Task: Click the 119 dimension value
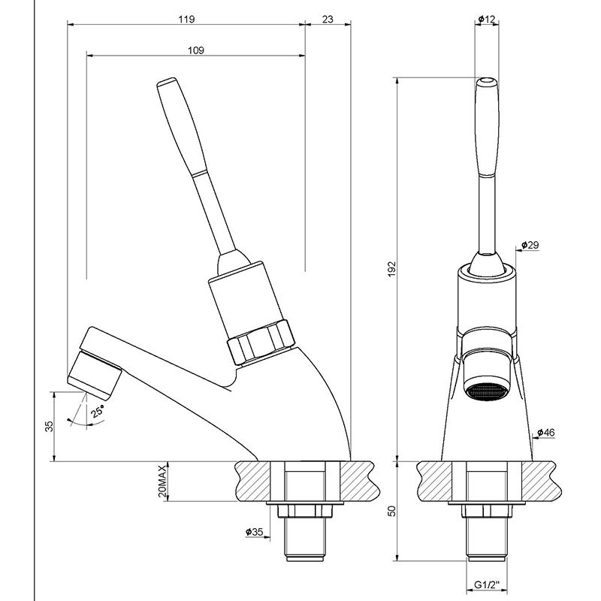point(186,19)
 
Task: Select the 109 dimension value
point(196,50)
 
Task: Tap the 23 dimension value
point(328,19)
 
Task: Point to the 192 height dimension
point(391,270)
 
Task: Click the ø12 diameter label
point(487,19)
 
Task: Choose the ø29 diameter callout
point(530,245)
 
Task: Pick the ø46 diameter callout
point(546,433)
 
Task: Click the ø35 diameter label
point(254,532)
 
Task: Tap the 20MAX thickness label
point(162,481)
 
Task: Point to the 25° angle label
point(98,411)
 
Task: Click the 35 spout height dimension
point(50,426)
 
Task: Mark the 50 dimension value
point(391,511)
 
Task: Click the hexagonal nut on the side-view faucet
point(261,342)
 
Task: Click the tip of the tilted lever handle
point(167,82)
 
